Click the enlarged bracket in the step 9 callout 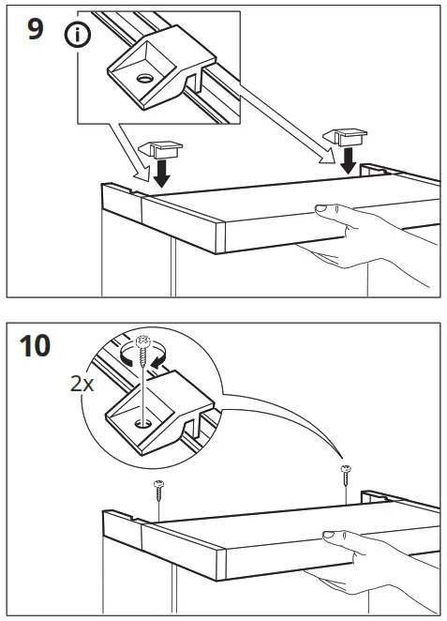coord(150,75)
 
